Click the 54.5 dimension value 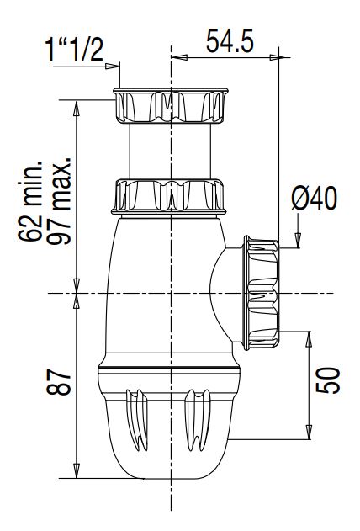[x=230, y=40]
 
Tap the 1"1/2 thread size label [x=74, y=50]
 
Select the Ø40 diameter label [x=315, y=198]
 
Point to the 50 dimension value [x=327, y=380]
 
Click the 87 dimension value [x=59, y=382]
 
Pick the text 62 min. [x=30, y=201]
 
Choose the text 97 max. [x=59, y=200]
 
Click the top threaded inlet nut [x=171, y=106]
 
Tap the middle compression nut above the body [x=169, y=197]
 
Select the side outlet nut [x=262, y=293]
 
